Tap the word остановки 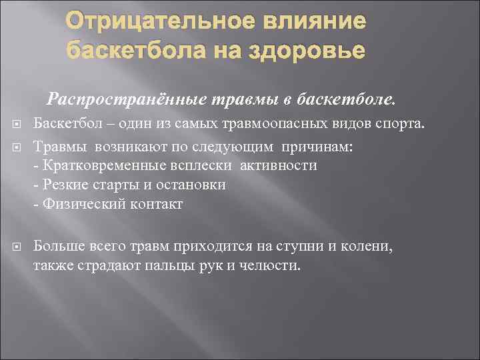[x=193, y=185]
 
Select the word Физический [x=81, y=205]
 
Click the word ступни [x=306, y=246]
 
